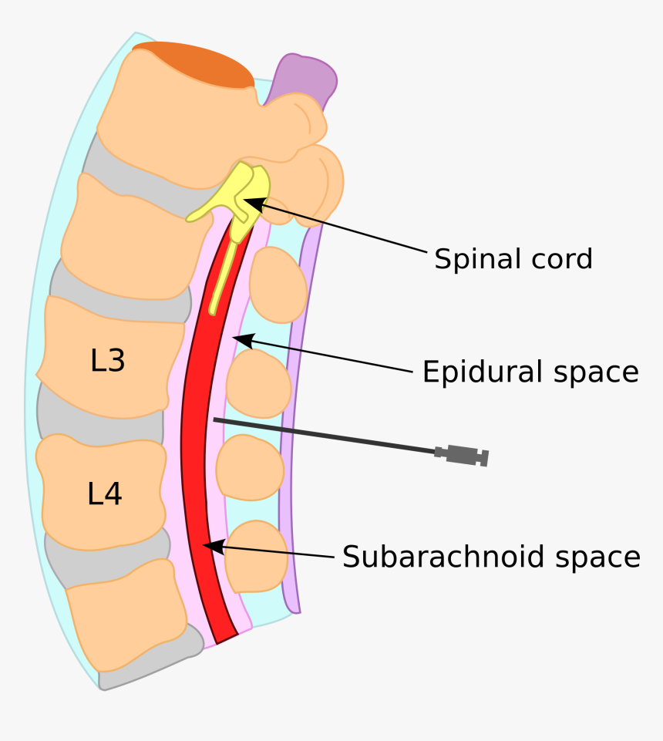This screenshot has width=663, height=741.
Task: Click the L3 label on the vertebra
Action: (108, 360)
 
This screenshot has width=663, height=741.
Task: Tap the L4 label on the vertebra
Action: (104, 493)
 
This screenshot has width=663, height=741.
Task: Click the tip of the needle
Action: (215, 419)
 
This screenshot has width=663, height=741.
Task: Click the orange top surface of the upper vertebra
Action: (193, 62)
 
